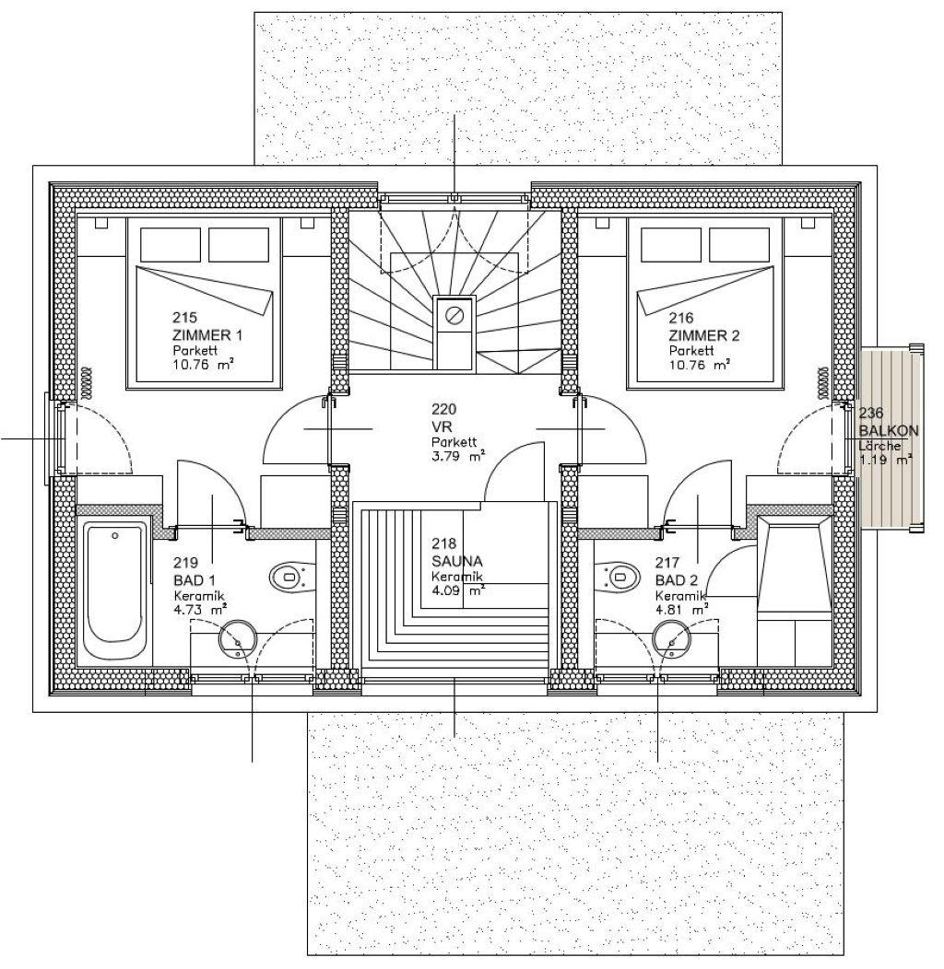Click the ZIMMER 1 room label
coord(207,335)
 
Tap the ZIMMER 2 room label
coord(704,335)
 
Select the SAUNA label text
coord(457,561)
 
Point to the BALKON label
coord(889,431)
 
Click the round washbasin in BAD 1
coord(238,639)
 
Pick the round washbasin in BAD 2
coord(672,639)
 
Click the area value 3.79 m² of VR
coord(458,456)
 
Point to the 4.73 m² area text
coord(198,610)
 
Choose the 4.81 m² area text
coord(681,610)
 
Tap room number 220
coord(444,409)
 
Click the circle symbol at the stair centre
coord(455,315)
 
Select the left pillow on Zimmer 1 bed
coord(171,245)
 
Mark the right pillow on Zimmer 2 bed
coord(738,245)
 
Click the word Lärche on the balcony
coord(879,446)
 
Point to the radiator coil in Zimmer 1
coord(88,382)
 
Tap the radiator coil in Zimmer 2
coord(823,382)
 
